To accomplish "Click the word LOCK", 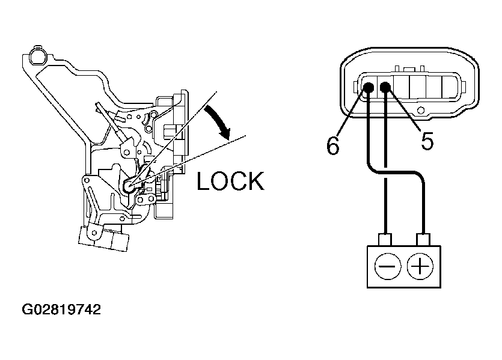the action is point(230,181).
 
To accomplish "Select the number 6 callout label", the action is point(332,145).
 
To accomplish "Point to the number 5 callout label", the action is point(427,141).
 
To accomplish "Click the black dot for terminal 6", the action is point(368,87).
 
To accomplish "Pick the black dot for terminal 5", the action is point(385,87).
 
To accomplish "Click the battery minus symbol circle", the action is point(387,266).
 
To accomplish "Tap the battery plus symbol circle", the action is point(420,266).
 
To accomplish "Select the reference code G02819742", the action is point(61,310).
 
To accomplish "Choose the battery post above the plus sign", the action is point(423,239).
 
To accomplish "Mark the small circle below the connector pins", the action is point(421,111).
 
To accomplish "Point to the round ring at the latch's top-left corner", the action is point(37,56).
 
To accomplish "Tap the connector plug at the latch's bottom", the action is point(103,238).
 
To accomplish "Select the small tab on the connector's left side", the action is point(356,87).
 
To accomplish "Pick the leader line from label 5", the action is point(405,109).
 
